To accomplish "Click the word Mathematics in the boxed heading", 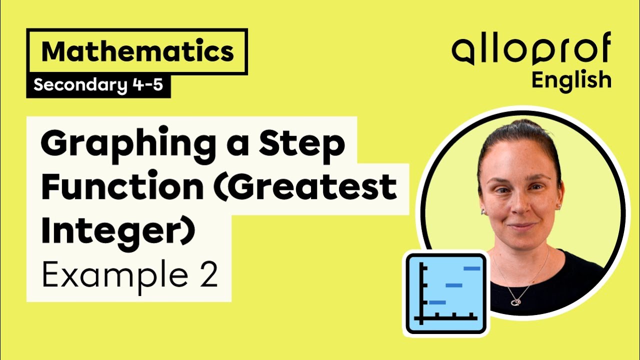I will pos(137,51).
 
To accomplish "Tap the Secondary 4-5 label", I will pos(98,85).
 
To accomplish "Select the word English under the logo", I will pos(571,80).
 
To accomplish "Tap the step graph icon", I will pos(446,293).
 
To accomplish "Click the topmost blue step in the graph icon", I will pos(472,268).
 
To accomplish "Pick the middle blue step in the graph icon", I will pos(454,285).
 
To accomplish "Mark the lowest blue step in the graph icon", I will pos(437,302).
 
